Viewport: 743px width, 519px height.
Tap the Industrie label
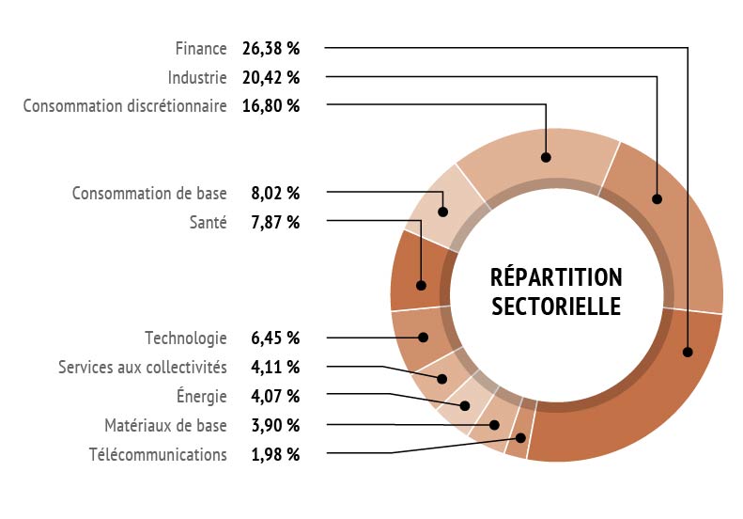coord(197,76)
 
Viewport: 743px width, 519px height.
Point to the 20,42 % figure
coord(271,76)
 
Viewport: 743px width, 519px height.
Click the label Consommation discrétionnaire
coord(125,105)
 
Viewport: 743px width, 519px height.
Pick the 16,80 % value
coord(271,105)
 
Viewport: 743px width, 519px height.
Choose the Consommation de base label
coord(149,194)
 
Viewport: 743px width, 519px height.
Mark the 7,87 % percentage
coord(275,223)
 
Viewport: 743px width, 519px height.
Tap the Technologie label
coord(186,338)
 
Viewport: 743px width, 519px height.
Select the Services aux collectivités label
coord(142,367)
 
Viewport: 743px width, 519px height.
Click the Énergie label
coord(202,396)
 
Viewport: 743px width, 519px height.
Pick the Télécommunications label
coord(158,455)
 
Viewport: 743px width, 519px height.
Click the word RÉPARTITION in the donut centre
coord(556,277)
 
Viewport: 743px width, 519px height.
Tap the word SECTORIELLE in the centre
coord(556,307)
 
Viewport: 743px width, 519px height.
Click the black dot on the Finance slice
coord(689,352)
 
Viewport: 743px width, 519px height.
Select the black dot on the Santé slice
coord(421,285)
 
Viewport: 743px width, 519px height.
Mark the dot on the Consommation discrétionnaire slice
coord(546,157)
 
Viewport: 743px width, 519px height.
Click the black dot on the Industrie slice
coord(657,198)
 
